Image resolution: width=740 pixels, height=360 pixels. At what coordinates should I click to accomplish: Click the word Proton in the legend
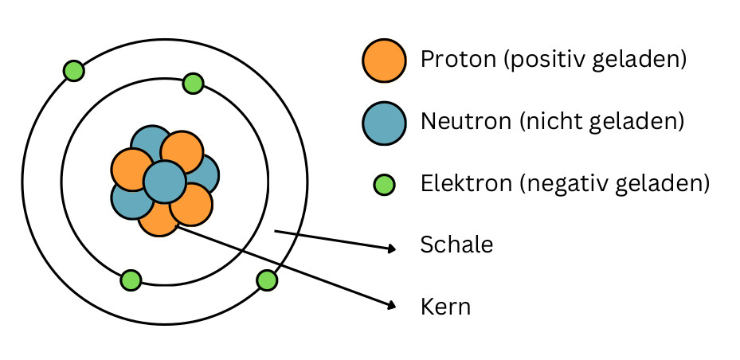click(458, 60)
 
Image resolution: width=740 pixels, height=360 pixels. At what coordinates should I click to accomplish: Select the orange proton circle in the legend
click(384, 61)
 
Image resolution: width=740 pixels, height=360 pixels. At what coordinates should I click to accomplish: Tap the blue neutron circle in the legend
click(384, 123)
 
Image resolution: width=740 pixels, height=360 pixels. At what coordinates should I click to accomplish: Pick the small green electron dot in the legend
click(384, 185)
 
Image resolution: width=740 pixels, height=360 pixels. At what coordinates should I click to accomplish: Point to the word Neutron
click(466, 122)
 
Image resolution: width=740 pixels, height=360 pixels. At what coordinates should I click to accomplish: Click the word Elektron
click(466, 183)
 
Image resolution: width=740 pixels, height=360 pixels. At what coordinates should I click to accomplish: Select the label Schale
click(457, 245)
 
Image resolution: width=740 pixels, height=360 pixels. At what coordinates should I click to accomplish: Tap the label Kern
click(445, 307)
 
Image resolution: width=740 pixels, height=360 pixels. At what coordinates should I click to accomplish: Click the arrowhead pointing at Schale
click(392, 248)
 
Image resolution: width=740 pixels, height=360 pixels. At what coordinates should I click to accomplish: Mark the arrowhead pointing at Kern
click(391, 306)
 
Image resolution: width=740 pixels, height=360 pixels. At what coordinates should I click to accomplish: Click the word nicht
click(545, 122)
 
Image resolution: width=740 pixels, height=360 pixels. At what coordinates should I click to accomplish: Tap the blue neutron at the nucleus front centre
click(164, 182)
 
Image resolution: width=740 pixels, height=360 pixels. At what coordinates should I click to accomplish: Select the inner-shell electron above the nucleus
click(193, 84)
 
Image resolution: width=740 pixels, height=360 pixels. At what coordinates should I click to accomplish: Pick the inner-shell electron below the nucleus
click(131, 280)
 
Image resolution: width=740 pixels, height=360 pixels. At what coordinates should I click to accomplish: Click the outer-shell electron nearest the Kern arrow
click(267, 280)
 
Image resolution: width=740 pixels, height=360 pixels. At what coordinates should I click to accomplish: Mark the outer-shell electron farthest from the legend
click(73, 71)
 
